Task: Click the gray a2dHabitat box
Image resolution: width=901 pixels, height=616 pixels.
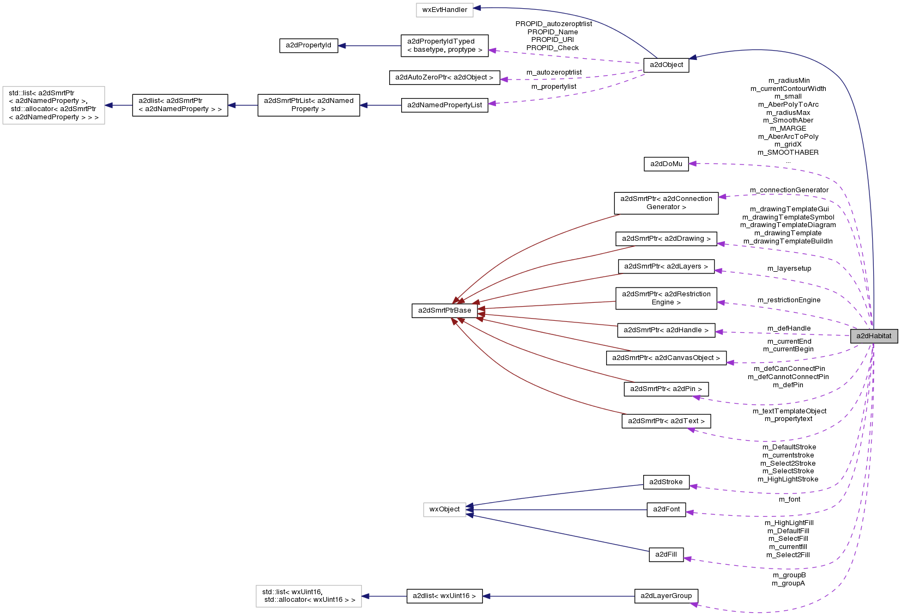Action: click(874, 336)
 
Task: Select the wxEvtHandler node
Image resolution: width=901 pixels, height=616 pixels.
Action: click(444, 10)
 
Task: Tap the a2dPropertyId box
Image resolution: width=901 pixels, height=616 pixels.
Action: click(309, 45)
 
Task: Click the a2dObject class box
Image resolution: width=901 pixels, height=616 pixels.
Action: click(666, 65)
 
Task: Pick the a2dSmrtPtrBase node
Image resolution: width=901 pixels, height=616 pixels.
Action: click(444, 310)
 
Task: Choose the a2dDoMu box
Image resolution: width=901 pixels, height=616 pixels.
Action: click(666, 164)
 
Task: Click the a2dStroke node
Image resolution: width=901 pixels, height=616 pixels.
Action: click(666, 482)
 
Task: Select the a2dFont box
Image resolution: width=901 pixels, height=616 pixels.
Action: click(666, 509)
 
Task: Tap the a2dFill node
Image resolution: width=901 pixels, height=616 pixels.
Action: click(666, 554)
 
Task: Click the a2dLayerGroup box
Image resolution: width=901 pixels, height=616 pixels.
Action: click(666, 596)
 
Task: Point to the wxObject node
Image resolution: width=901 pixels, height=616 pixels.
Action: click(444, 509)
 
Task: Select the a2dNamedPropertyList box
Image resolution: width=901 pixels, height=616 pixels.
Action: click(445, 105)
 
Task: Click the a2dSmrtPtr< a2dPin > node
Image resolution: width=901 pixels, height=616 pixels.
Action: click(666, 389)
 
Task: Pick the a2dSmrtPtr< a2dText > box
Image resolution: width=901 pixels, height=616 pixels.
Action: click(666, 421)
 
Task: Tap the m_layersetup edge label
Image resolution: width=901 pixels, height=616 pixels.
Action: click(789, 269)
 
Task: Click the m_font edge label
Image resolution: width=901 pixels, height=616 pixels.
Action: click(789, 499)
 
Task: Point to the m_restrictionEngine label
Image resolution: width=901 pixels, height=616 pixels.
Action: click(789, 300)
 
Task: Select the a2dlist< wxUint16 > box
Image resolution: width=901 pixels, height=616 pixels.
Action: click(444, 596)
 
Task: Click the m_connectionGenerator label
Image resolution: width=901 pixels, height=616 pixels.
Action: click(789, 190)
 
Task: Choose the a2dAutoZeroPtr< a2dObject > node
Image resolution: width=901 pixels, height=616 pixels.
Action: click(444, 77)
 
